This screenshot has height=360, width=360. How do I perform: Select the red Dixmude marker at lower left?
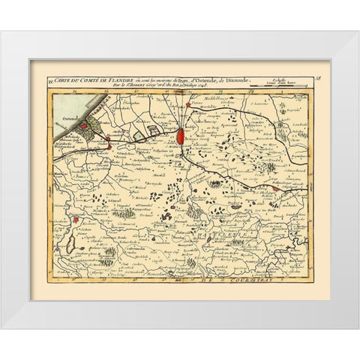(x=76, y=220)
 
